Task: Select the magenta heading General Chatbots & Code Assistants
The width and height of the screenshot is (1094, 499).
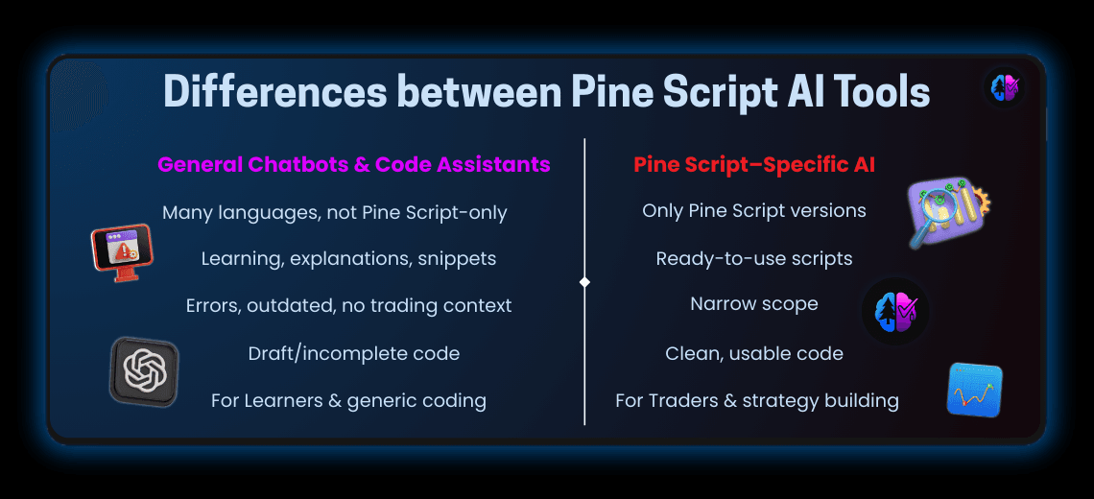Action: tap(354, 165)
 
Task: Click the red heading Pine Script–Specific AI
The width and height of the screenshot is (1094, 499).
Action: tap(754, 165)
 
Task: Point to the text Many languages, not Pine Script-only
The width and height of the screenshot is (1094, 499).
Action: tap(335, 213)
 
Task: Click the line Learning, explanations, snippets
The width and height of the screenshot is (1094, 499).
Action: tap(348, 259)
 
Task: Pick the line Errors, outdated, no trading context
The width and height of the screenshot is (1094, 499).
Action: tap(348, 306)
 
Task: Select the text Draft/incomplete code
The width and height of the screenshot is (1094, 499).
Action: tap(354, 353)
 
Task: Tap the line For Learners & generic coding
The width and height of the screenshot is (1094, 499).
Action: tap(348, 401)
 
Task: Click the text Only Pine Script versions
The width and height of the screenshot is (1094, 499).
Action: tap(754, 211)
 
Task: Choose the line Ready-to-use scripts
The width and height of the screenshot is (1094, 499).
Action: tap(754, 259)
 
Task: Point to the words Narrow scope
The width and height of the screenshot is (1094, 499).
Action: tap(754, 304)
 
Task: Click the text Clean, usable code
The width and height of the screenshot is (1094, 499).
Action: tap(754, 353)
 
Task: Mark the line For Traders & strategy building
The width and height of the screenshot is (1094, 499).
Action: tap(757, 401)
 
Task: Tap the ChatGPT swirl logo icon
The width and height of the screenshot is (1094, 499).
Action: tap(144, 368)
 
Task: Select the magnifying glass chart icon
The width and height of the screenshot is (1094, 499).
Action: tap(948, 212)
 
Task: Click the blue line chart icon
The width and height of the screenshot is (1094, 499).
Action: tap(974, 390)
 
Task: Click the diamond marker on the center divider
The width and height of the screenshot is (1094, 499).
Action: tap(584, 282)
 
